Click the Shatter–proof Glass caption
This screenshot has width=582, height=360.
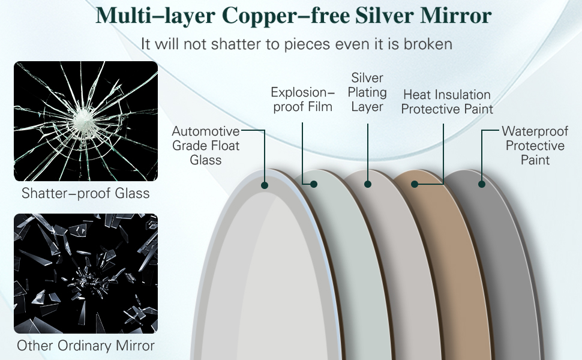point(86,194)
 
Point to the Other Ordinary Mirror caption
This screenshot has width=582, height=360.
point(86,346)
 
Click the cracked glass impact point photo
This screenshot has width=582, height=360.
point(86,121)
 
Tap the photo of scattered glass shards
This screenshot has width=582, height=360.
point(86,274)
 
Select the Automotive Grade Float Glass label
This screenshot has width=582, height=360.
point(206,146)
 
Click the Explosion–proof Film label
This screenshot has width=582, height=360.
point(302,100)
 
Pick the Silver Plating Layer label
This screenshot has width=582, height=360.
point(367,92)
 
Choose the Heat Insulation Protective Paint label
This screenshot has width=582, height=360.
point(447,102)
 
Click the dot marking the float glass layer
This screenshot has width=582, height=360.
point(265,185)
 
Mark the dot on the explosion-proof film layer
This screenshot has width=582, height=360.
point(313,184)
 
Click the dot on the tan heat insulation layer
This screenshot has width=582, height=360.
point(415,184)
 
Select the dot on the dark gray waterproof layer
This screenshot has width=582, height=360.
point(481,184)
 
